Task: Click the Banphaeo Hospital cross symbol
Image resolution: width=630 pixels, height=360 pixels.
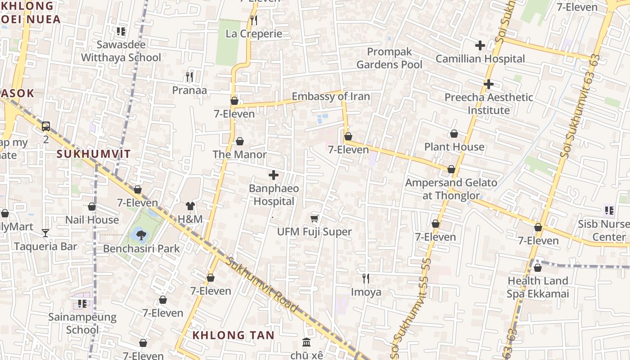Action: tap(273, 175)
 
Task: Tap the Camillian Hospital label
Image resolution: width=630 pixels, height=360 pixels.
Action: tap(480, 59)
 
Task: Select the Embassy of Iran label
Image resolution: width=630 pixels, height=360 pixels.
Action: tap(331, 96)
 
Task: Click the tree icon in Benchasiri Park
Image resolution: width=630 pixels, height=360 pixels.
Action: tap(140, 234)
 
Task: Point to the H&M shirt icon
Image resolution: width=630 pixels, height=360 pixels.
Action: tap(190, 206)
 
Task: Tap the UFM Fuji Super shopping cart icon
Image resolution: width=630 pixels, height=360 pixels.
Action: tap(315, 218)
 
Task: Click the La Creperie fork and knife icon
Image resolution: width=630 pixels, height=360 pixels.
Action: tap(254, 20)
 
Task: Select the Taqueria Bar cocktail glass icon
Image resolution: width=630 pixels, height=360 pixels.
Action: tap(45, 233)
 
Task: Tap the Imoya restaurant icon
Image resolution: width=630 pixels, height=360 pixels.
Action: tap(366, 279)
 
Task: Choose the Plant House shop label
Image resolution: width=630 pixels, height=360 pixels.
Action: tap(454, 147)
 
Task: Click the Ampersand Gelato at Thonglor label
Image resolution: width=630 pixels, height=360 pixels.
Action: tap(451, 189)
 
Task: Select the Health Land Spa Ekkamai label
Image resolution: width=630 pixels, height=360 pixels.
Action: tap(538, 287)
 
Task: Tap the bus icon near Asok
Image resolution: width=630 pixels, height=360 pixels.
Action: tap(46, 126)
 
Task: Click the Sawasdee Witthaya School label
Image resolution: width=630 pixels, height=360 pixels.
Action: tap(121, 51)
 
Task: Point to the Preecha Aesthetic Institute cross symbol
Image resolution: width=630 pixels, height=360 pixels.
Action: tap(489, 84)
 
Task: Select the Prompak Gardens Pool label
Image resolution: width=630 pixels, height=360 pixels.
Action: tap(389, 58)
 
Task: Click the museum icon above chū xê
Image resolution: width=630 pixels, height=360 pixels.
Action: tap(307, 342)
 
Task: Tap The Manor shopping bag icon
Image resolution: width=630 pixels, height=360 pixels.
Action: tap(240, 141)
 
